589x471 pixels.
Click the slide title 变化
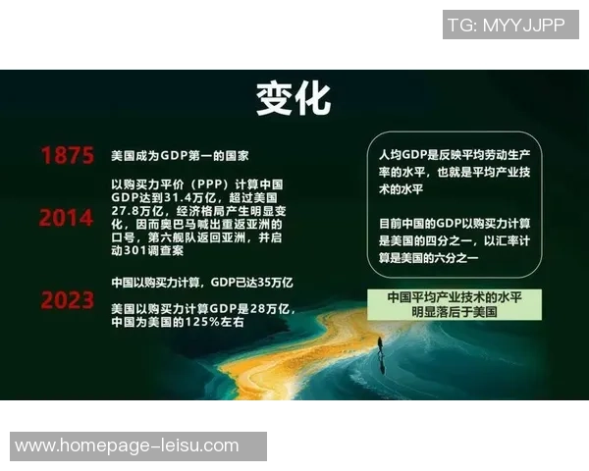pos(294,98)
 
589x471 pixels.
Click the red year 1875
pos(68,156)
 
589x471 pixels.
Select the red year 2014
pos(67,217)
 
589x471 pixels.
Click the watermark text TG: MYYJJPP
pos(506,25)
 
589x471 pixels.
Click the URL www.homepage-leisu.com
pos(127,445)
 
